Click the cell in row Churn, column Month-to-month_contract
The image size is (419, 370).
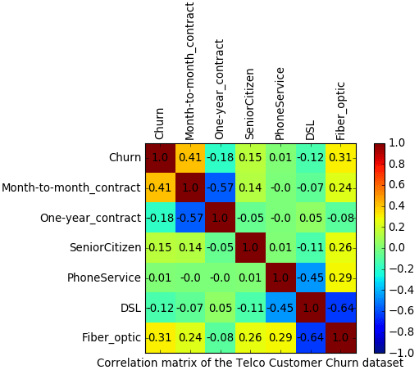pyautogui.click(x=190, y=158)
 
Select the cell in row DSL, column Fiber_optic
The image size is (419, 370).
pyautogui.click(x=341, y=308)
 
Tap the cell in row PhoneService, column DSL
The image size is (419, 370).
pyautogui.click(x=311, y=277)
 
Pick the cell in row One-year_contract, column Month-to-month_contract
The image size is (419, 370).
pyautogui.click(x=190, y=218)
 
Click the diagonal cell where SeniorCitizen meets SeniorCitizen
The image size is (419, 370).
pyautogui.click(x=251, y=248)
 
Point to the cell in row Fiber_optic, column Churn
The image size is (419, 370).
pyautogui.click(x=161, y=338)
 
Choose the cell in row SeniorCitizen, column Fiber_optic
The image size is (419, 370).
pyautogui.click(x=341, y=248)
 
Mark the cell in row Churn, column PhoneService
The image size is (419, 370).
pyautogui.click(x=280, y=158)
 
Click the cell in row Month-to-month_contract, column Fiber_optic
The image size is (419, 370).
pyautogui.click(x=341, y=187)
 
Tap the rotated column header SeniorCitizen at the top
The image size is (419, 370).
pyautogui.click(x=250, y=104)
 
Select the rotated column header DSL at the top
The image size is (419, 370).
pyautogui.click(x=310, y=130)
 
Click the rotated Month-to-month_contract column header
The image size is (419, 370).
pyautogui.click(x=189, y=71)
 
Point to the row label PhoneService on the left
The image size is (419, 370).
pyautogui.click(x=104, y=277)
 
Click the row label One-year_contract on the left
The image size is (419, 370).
pyautogui.click(x=91, y=218)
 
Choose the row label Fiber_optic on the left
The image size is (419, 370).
pyautogui.click(x=112, y=338)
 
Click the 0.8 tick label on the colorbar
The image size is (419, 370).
pyautogui.click(x=397, y=164)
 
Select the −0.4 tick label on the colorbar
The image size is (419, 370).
pyautogui.click(x=401, y=290)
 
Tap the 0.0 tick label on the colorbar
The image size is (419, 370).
pyautogui.click(x=397, y=248)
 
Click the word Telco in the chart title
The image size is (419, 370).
pyautogui.click(x=250, y=363)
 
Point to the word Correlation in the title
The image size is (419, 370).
pyautogui.click(x=127, y=363)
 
